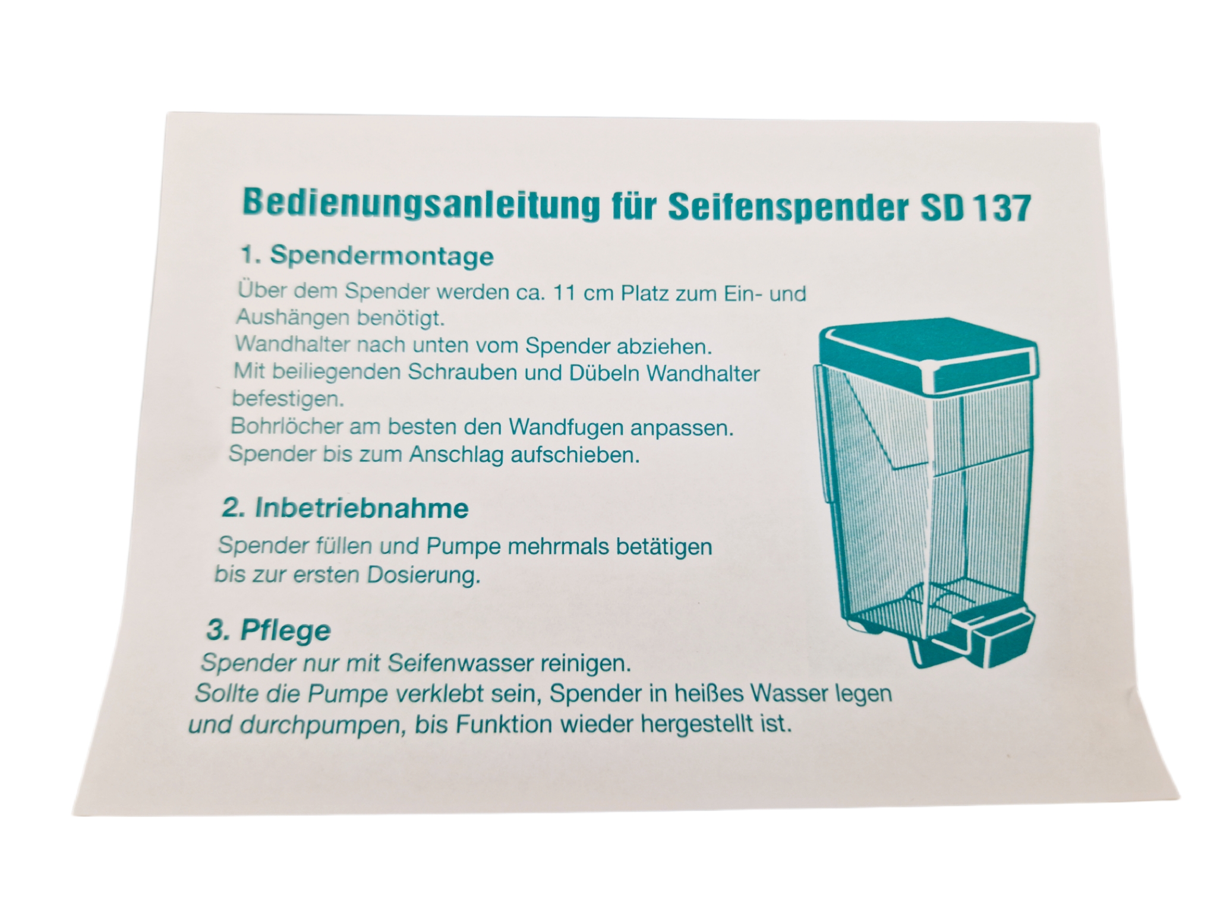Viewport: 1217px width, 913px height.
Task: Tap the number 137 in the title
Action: pyautogui.click(x=1003, y=209)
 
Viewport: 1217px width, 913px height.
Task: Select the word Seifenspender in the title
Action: pyautogui.click(x=789, y=207)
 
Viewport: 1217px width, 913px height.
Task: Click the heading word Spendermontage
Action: pyautogui.click(x=382, y=256)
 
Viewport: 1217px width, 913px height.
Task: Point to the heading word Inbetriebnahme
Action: pyautogui.click(x=362, y=508)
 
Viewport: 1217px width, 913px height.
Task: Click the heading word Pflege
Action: pyautogui.click(x=285, y=630)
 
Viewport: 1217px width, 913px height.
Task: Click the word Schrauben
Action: pyautogui.click(x=462, y=372)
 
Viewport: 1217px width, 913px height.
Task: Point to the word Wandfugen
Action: pyautogui.click(x=566, y=427)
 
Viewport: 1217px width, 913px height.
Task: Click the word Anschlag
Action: pyautogui.click(x=457, y=455)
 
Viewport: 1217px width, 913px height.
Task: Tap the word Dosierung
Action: pyautogui.click(x=423, y=575)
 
